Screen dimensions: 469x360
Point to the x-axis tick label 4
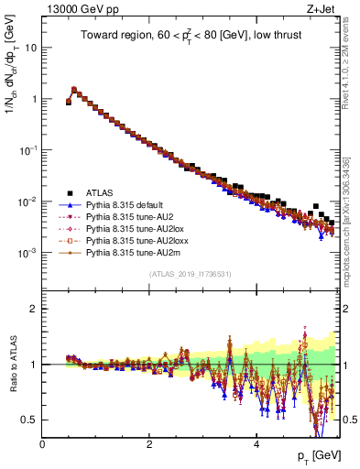coord(256,443)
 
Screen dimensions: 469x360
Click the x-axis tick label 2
coord(149,443)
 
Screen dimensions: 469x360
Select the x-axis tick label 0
coord(43,443)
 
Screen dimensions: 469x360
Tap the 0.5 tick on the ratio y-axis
coord(31,420)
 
